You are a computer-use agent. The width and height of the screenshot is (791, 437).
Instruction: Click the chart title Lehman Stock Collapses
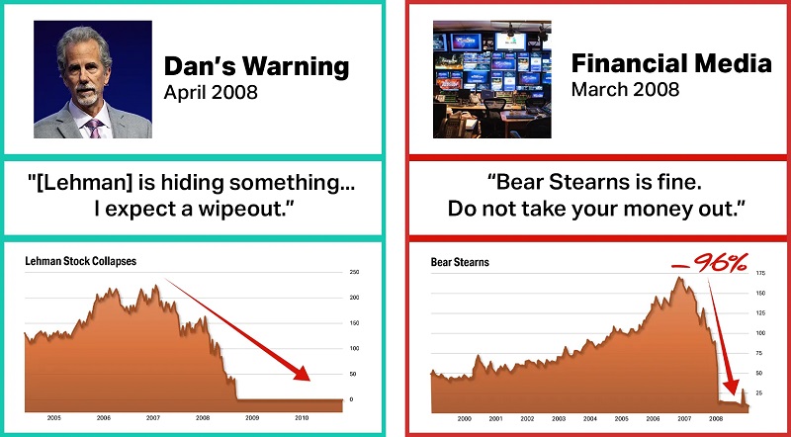[x=80, y=261]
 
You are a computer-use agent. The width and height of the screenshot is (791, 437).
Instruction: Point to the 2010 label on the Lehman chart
[x=302, y=418]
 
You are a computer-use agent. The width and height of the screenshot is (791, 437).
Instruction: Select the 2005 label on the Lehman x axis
[x=54, y=418]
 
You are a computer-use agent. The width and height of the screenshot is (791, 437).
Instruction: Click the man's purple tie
[x=94, y=127]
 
